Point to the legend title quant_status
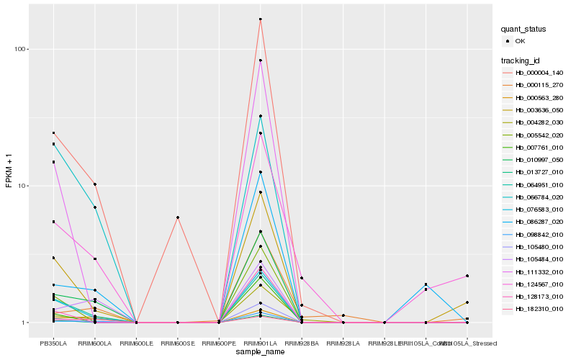click(x=523, y=29)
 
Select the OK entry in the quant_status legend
click(x=520, y=41)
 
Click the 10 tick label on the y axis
click(x=27, y=186)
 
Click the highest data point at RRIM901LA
click(x=260, y=19)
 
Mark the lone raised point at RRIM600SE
click(x=177, y=217)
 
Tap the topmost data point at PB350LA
click(x=53, y=132)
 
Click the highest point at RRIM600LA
click(x=95, y=184)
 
